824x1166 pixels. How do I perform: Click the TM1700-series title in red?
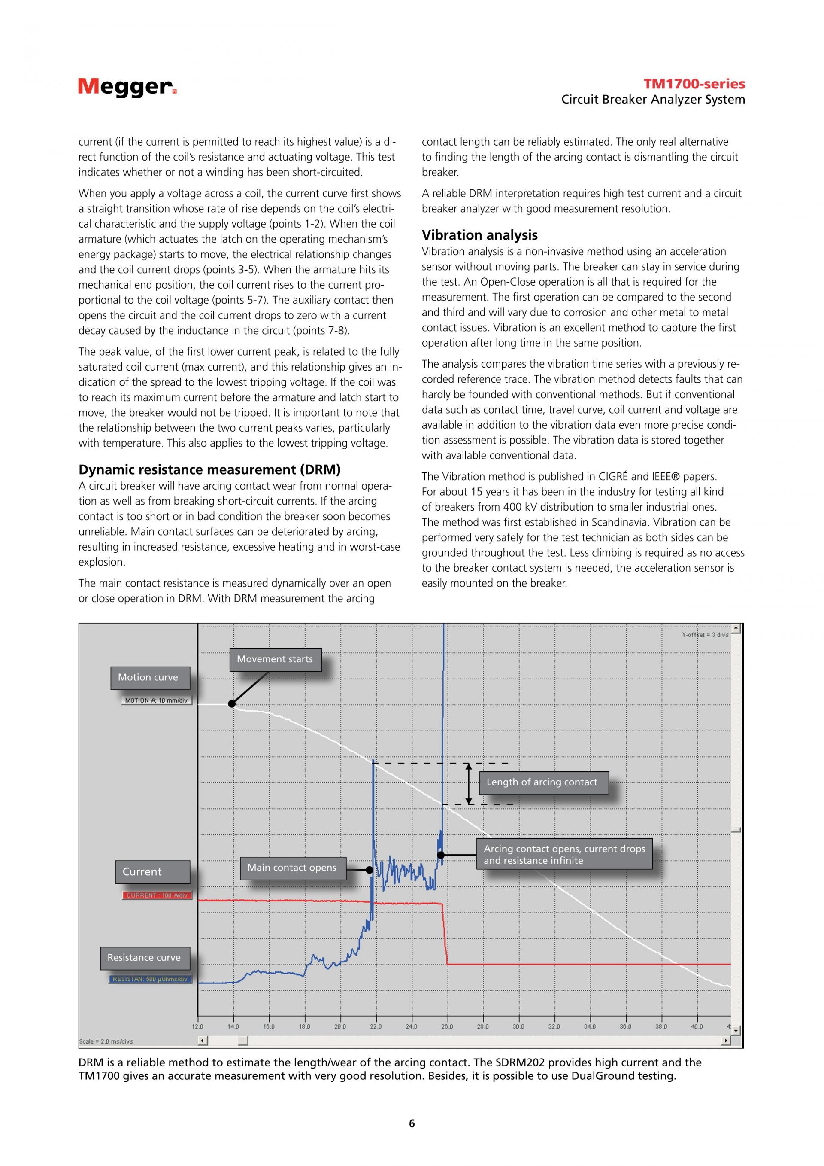coord(694,84)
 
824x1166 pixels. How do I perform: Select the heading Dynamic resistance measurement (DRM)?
coord(209,469)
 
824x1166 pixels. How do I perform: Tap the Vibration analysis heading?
coord(479,235)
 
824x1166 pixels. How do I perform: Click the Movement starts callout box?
coord(275,659)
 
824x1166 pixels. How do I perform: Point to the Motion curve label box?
coord(150,677)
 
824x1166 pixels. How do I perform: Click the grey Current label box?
coord(152,872)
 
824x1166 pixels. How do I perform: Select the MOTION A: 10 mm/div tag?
coord(156,700)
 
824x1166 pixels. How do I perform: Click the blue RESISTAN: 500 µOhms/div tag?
coord(150,979)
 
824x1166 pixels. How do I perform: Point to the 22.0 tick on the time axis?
coord(376,1026)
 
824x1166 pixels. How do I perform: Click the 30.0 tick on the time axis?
coord(518,1026)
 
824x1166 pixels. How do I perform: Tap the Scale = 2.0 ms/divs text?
coord(106,1041)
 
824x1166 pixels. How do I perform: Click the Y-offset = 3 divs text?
coord(705,635)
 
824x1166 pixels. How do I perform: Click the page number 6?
coord(412,1123)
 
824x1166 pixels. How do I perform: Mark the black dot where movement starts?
coord(232,704)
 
